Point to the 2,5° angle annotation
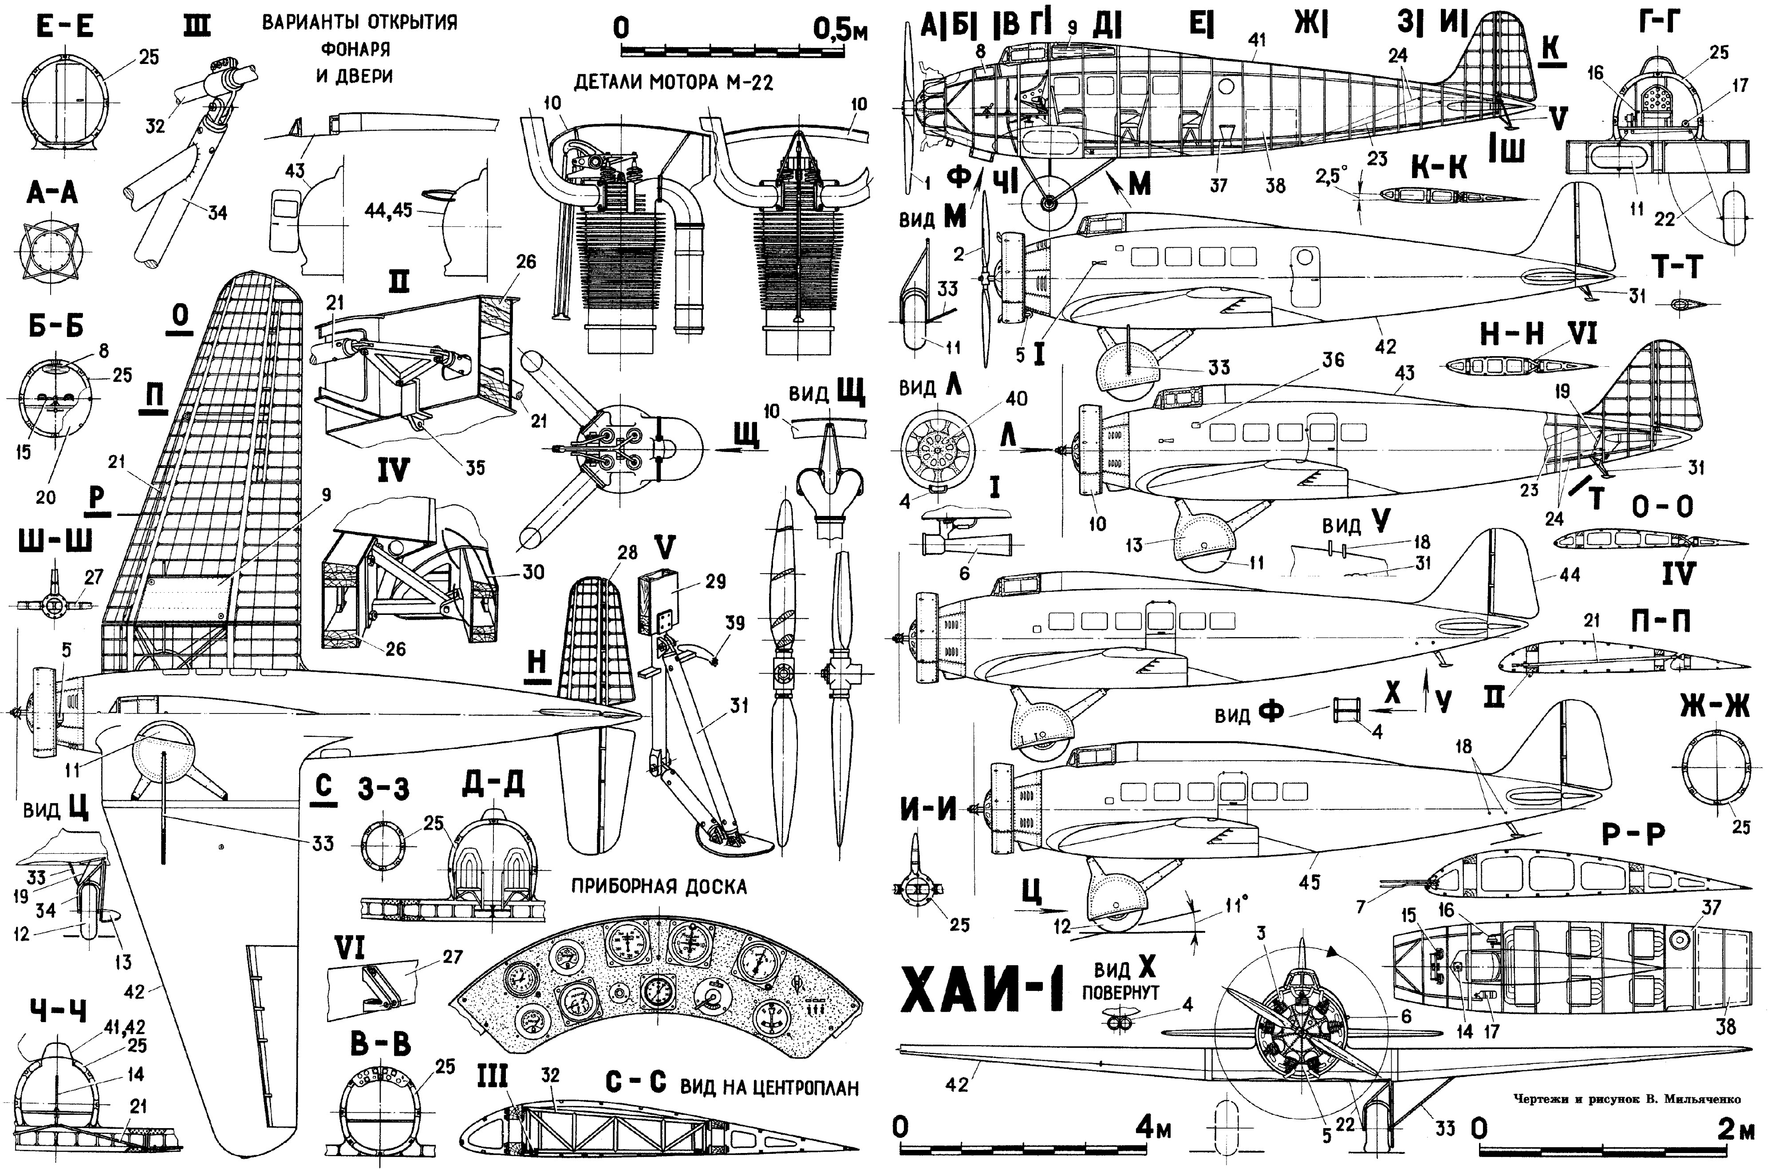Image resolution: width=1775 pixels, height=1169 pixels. point(1332,174)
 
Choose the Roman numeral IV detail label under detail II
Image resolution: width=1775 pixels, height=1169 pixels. point(393,470)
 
